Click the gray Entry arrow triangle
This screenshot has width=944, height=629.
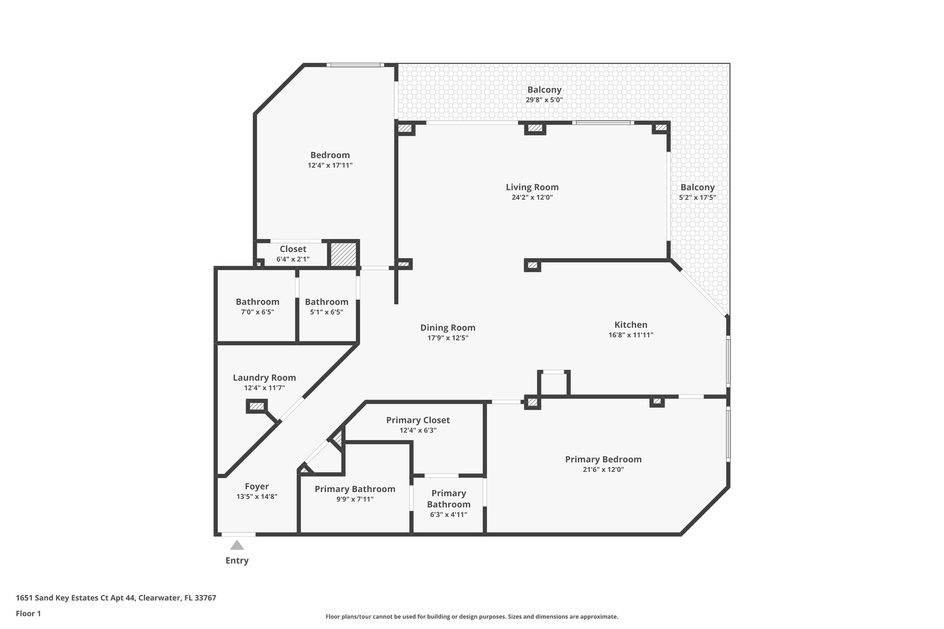point(237,546)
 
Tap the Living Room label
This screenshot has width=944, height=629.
point(532,187)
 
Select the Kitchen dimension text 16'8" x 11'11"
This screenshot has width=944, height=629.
point(631,335)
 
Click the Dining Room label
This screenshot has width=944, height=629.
point(448,328)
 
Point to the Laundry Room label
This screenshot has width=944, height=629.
point(264,377)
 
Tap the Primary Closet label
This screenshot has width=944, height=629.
point(418,420)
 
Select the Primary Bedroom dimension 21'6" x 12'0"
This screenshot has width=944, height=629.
point(603,470)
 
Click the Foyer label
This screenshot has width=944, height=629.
point(257,486)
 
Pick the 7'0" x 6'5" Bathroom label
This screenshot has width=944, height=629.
point(257,302)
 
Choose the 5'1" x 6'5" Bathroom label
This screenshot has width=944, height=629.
point(326,302)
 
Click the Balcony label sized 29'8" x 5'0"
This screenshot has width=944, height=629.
point(544,90)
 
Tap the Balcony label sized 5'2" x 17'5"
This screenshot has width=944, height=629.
point(697,187)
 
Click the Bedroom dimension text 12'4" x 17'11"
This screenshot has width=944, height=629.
point(330,165)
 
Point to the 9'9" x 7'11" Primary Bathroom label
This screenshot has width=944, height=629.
point(355,489)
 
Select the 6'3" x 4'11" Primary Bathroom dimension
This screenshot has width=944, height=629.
point(448,514)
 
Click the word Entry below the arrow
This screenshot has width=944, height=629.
point(237,560)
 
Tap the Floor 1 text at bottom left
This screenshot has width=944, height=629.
point(29,614)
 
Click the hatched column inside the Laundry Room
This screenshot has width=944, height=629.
point(257,406)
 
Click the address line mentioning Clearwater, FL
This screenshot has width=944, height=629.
point(116,598)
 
